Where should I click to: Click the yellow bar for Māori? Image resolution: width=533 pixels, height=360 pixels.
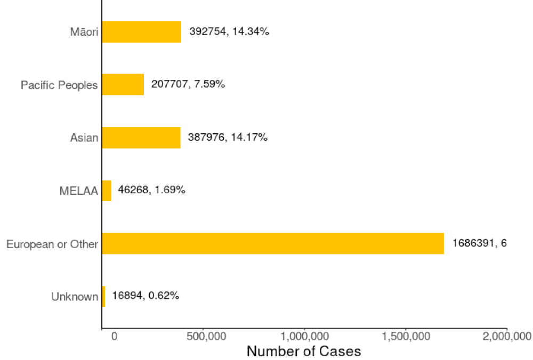coord(141,32)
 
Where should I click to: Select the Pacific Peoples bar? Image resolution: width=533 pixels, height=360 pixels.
coord(123,85)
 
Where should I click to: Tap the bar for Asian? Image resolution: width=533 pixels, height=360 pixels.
coord(141,137)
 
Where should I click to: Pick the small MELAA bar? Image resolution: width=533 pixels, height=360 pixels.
coord(107,190)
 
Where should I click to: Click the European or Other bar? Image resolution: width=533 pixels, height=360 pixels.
coord(272,243)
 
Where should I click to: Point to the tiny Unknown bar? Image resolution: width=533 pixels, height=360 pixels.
coord(103,296)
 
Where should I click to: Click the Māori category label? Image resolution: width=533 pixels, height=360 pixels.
coord(84,32)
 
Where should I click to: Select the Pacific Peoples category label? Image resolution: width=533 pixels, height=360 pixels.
coord(59,85)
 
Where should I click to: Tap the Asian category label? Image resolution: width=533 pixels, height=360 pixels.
coord(84,138)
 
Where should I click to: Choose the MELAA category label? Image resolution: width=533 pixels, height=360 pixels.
coord(79,191)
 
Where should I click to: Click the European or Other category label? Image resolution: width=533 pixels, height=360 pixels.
coord(52,244)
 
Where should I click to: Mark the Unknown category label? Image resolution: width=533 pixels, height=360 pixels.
coord(75,297)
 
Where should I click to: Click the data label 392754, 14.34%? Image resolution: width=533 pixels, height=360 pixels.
coord(229,31)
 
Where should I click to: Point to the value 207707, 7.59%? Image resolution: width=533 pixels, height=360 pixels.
coord(188,84)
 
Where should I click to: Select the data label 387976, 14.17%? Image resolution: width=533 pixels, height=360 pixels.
coord(228,137)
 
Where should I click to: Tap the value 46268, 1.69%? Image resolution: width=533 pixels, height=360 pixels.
coord(151,190)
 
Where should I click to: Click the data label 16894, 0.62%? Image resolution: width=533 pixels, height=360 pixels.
coord(146,296)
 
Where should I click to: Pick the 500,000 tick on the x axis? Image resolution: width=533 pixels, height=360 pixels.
coord(204,336)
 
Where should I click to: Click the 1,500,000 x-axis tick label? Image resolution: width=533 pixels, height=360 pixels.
coord(406,336)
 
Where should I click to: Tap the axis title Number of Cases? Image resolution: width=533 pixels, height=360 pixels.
coord(304,351)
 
